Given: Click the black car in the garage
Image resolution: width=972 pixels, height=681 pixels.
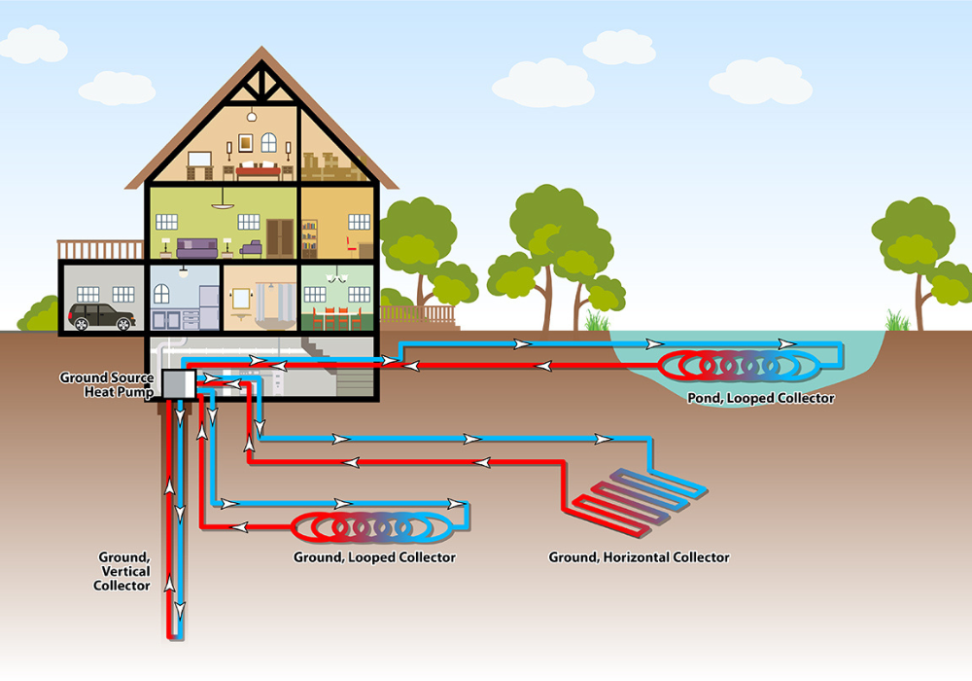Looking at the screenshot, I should [101, 316].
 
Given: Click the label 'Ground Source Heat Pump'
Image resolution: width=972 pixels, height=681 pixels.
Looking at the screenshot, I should [107, 383].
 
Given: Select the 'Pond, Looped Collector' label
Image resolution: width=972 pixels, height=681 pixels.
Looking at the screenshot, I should [760, 398].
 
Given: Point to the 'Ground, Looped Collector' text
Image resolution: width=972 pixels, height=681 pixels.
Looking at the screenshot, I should [374, 557].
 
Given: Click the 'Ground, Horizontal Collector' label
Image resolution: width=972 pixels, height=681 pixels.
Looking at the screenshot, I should [639, 557].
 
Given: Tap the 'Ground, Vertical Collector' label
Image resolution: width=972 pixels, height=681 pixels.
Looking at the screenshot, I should [123, 571].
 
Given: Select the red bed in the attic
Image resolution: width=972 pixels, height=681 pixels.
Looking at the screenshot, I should [259, 171].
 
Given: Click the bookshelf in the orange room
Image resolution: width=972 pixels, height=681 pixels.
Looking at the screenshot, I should [309, 238].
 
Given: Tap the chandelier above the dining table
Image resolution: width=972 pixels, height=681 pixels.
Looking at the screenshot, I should [337, 277].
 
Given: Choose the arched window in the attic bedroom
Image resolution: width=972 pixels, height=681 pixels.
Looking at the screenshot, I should [244, 144].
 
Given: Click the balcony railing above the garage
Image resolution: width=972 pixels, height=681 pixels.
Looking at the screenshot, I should [101, 250].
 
